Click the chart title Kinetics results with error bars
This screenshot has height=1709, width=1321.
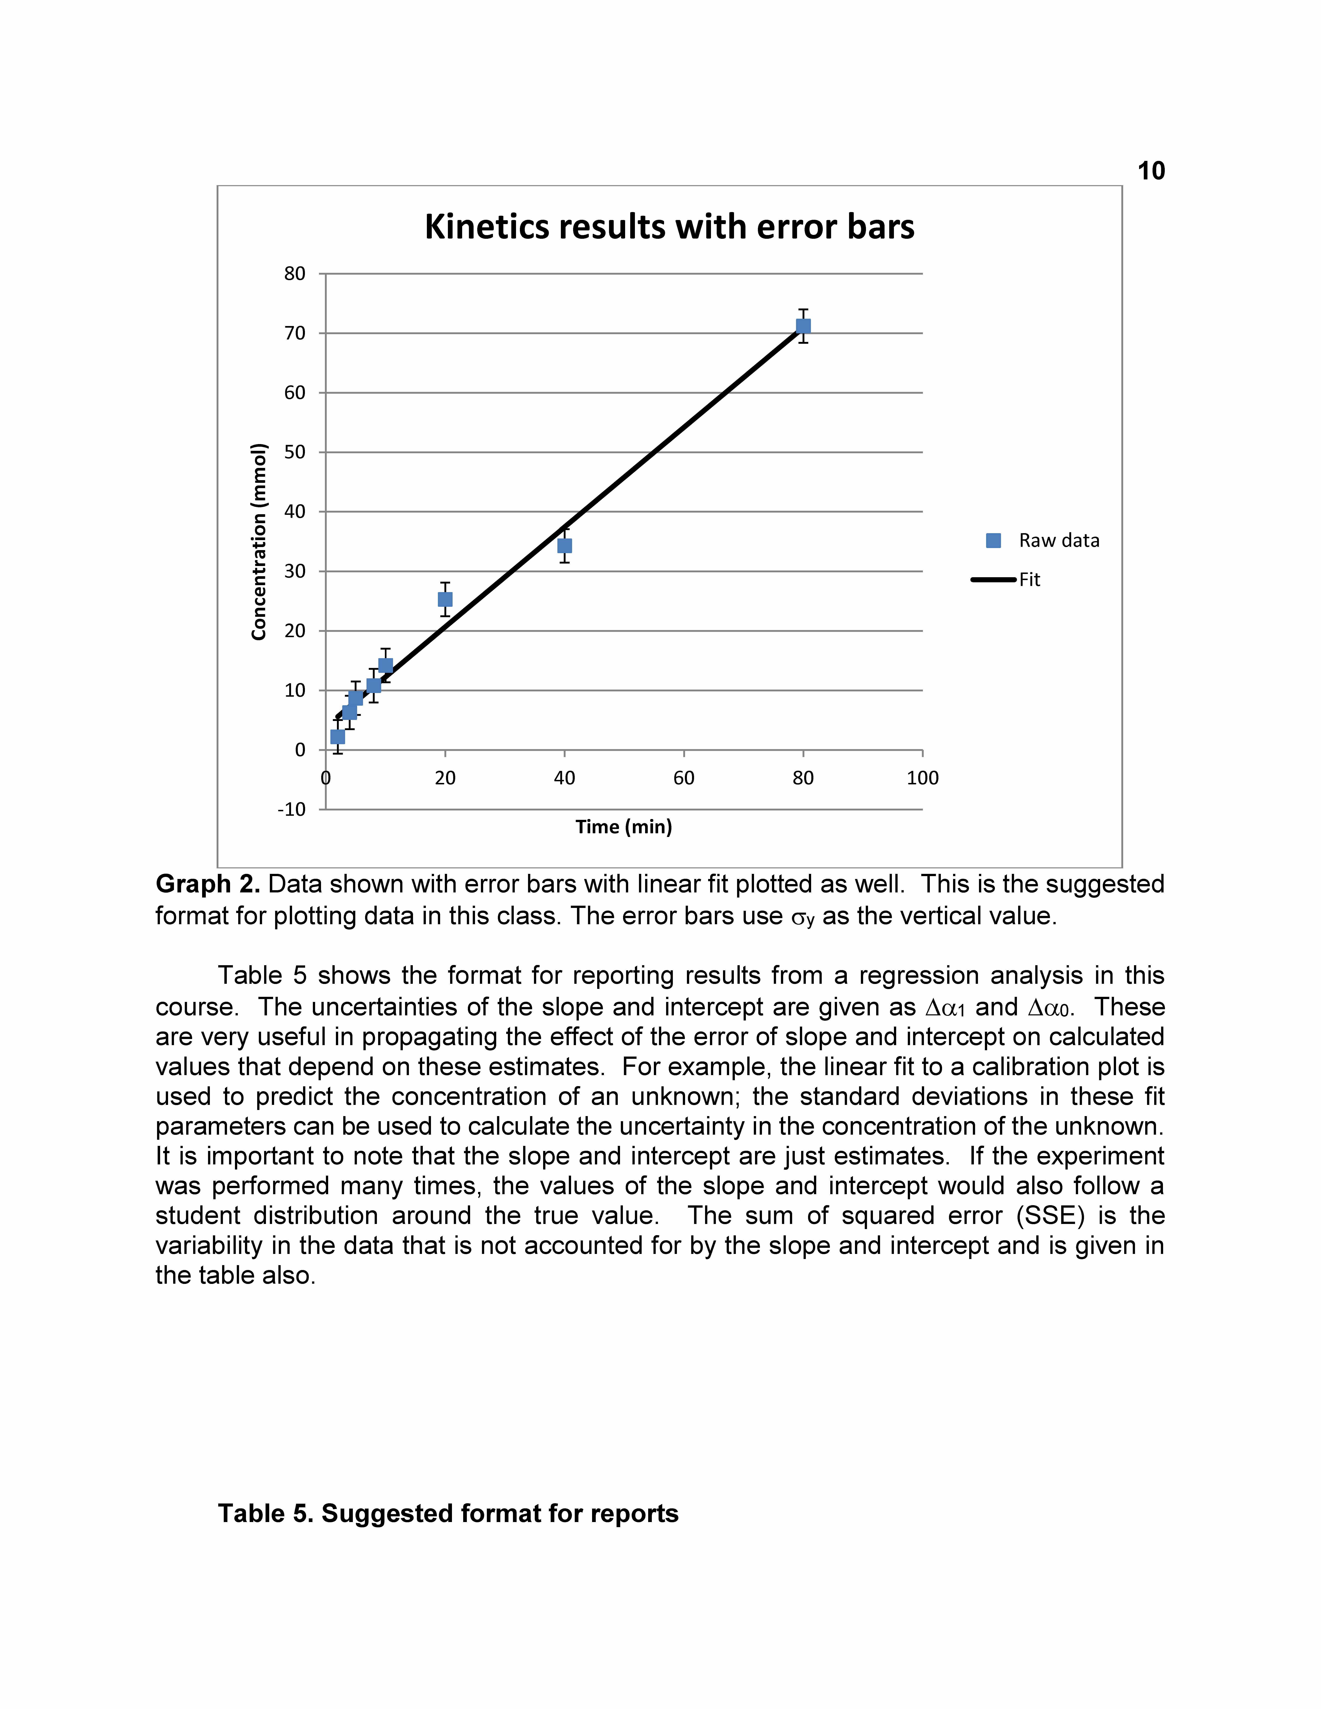pyautogui.click(x=669, y=227)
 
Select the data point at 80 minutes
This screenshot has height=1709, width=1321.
pyautogui.click(x=803, y=326)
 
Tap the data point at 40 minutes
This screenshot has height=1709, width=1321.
pyautogui.click(x=564, y=545)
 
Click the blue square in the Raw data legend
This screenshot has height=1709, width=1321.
pyautogui.click(x=993, y=541)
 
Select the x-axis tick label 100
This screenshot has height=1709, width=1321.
pyautogui.click(x=923, y=778)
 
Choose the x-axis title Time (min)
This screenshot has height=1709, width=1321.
pyautogui.click(x=624, y=827)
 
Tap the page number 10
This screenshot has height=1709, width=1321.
pyautogui.click(x=1150, y=171)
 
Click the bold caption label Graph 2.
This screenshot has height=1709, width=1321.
pyautogui.click(x=207, y=884)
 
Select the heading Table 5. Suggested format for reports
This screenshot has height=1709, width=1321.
pyautogui.click(x=448, y=1513)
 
